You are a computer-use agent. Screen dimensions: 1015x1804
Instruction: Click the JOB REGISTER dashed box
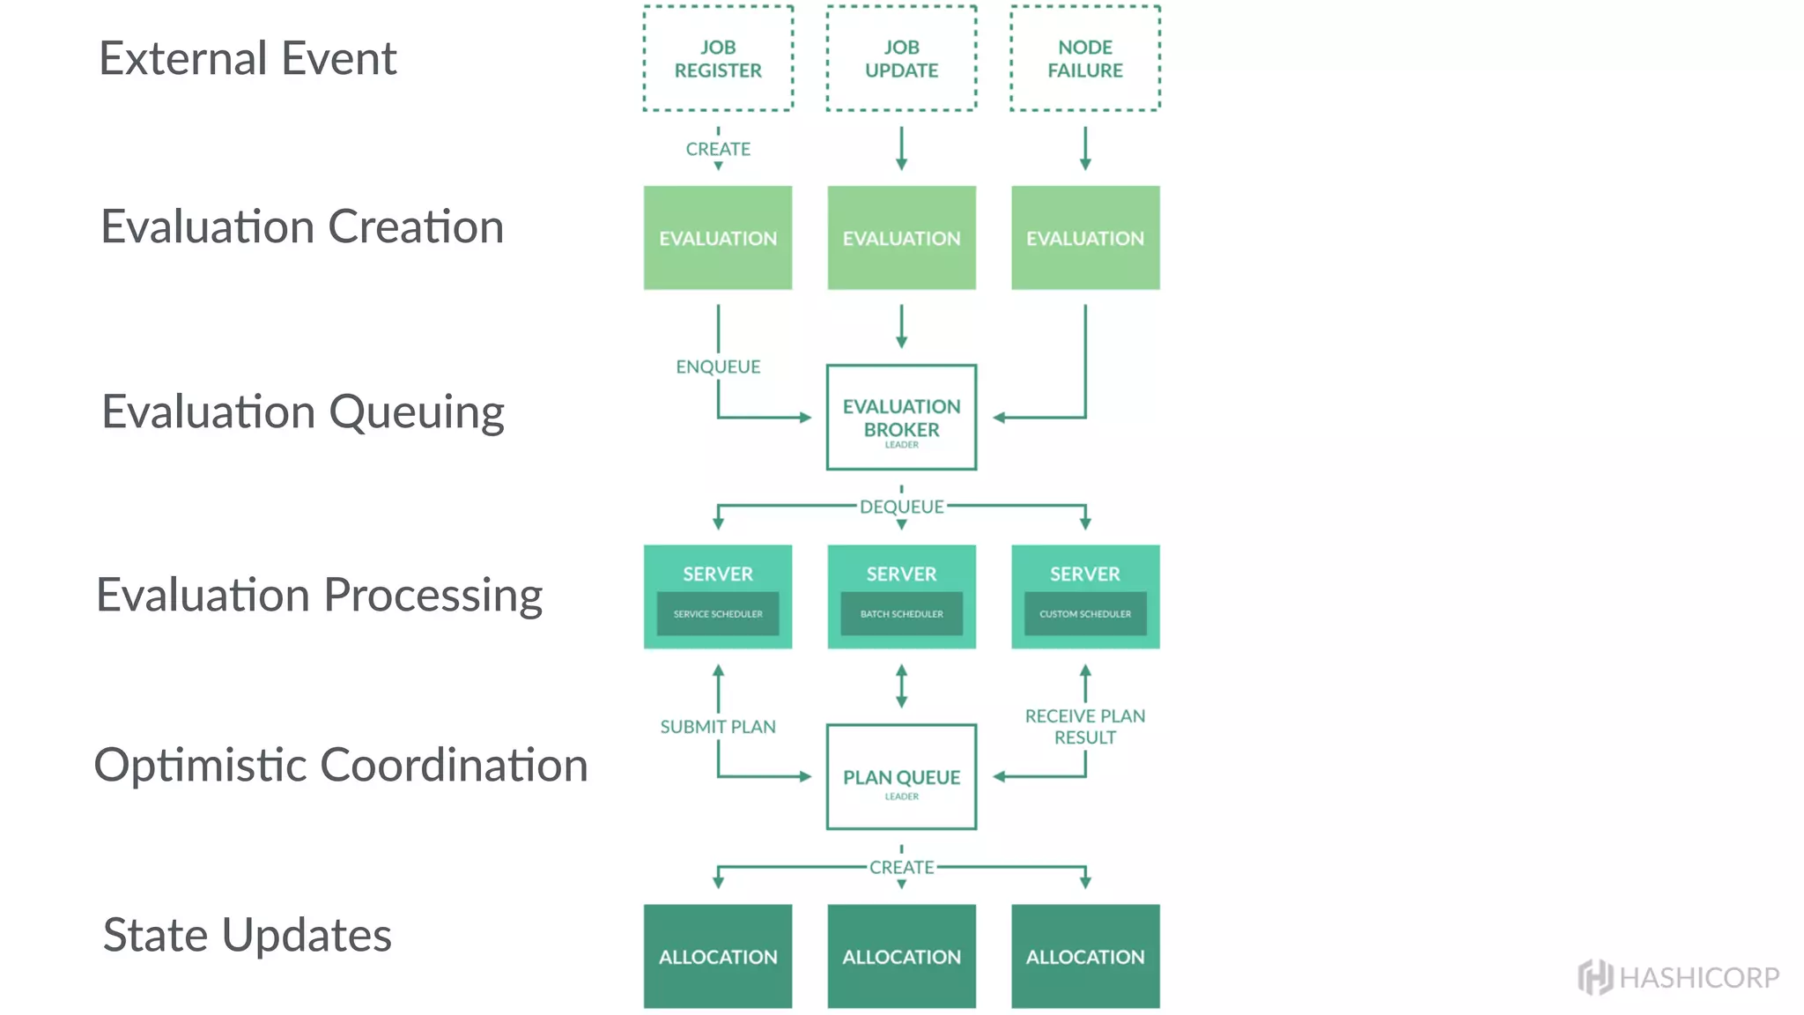(x=718, y=58)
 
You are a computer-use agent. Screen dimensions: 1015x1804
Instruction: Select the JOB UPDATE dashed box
(x=901, y=58)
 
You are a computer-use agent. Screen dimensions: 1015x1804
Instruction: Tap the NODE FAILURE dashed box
(x=1084, y=58)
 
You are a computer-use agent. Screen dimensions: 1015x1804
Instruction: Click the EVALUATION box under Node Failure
(x=1084, y=238)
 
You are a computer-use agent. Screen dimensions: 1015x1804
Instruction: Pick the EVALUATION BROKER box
(x=901, y=418)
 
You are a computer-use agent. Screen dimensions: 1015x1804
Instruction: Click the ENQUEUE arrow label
(x=718, y=367)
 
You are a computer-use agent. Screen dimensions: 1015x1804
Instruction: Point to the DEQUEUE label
(x=901, y=507)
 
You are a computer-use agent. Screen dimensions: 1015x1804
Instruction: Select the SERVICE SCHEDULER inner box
(x=718, y=614)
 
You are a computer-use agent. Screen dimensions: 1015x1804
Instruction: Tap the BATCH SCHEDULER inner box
(x=901, y=614)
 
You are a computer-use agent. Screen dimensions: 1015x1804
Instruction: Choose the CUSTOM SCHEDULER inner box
(x=1084, y=614)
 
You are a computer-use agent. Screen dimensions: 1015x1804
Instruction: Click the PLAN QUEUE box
(x=901, y=777)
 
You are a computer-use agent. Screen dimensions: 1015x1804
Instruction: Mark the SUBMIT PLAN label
(x=718, y=727)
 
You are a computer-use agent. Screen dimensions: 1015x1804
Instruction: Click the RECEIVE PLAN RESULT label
(x=1084, y=727)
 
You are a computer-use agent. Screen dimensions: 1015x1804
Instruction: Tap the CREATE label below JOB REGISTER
(x=718, y=149)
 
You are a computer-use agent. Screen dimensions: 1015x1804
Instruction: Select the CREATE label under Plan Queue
(x=901, y=867)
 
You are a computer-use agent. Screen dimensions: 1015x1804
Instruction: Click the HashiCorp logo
(x=1678, y=977)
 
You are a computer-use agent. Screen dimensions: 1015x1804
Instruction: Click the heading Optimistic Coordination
(x=341, y=765)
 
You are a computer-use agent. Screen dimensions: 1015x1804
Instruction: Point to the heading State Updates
(x=248, y=935)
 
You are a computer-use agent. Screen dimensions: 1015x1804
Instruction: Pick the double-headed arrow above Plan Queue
(x=901, y=686)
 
